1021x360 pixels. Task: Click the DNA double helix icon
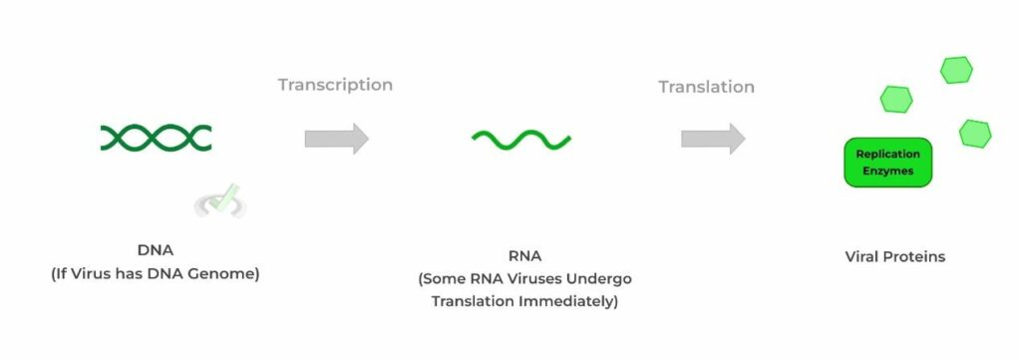click(156, 138)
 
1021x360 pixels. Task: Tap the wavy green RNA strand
click(521, 140)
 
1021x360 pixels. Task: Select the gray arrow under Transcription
click(336, 139)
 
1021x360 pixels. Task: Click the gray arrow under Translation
click(713, 139)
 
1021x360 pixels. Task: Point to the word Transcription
click(335, 85)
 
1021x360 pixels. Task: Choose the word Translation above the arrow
click(706, 87)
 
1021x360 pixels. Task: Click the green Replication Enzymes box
click(887, 163)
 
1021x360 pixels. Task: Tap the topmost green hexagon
click(956, 69)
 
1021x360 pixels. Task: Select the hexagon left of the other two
click(895, 98)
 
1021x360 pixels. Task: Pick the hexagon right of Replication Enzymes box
click(974, 133)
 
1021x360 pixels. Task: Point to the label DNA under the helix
click(155, 250)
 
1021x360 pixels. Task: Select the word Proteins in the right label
click(916, 256)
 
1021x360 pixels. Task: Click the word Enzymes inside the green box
click(887, 172)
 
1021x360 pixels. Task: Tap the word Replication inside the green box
click(887, 154)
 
